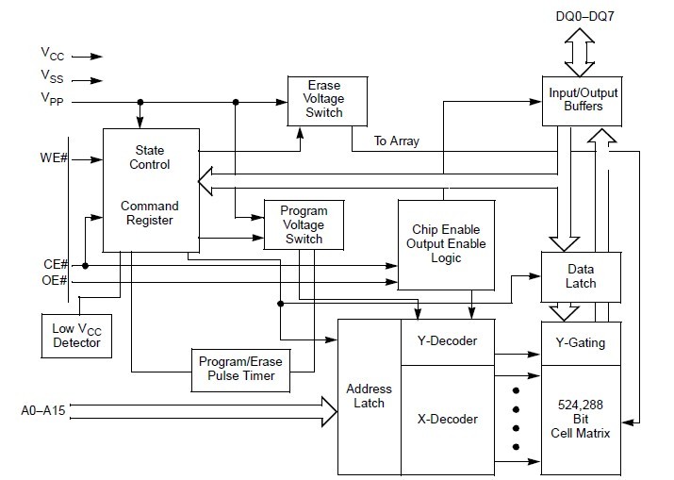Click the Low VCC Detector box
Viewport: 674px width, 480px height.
[77, 336]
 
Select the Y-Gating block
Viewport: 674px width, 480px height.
[581, 342]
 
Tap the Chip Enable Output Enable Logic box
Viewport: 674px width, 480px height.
[446, 244]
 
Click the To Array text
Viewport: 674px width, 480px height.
[397, 141]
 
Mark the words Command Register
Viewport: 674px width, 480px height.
[150, 213]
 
